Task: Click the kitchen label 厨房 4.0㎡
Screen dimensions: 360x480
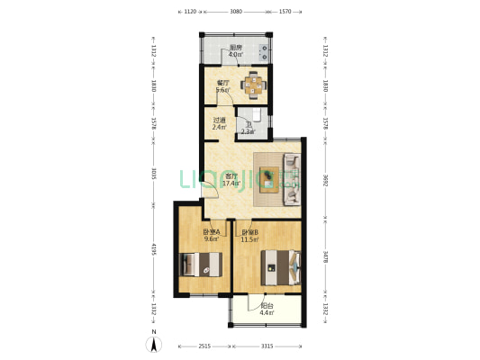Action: pyautogui.click(x=236, y=50)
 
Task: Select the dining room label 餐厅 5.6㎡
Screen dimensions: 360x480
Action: pyautogui.click(x=223, y=86)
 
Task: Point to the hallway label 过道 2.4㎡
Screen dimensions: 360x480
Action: pyautogui.click(x=219, y=123)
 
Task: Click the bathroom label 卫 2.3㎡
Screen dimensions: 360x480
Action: pyautogui.click(x=248, y=129)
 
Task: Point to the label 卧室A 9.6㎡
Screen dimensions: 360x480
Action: pyautogui.click(x=212, y=236)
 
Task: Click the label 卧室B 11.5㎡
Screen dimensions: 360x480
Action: pyautogui.click(x=249, y=236)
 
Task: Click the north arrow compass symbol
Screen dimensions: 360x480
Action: pyautogui.click(x=154, y=341)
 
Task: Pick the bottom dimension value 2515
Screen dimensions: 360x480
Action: pyautogui.click(x=204, y=346)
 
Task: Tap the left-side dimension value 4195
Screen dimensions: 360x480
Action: pyautogui.click(x=154, y=247)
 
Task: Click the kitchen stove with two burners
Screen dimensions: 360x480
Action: pyautogui.click(x=264, y=50)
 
